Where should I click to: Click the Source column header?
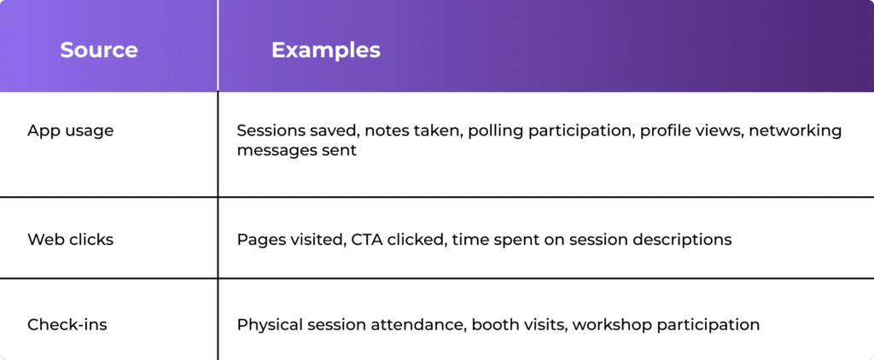(99, 50)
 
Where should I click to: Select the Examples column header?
(326, 50)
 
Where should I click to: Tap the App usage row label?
(70, 131)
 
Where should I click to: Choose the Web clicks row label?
(70, 240)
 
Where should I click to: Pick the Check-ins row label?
(67, 324)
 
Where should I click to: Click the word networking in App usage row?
(795, 131)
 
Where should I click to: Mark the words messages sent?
(296, 150)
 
